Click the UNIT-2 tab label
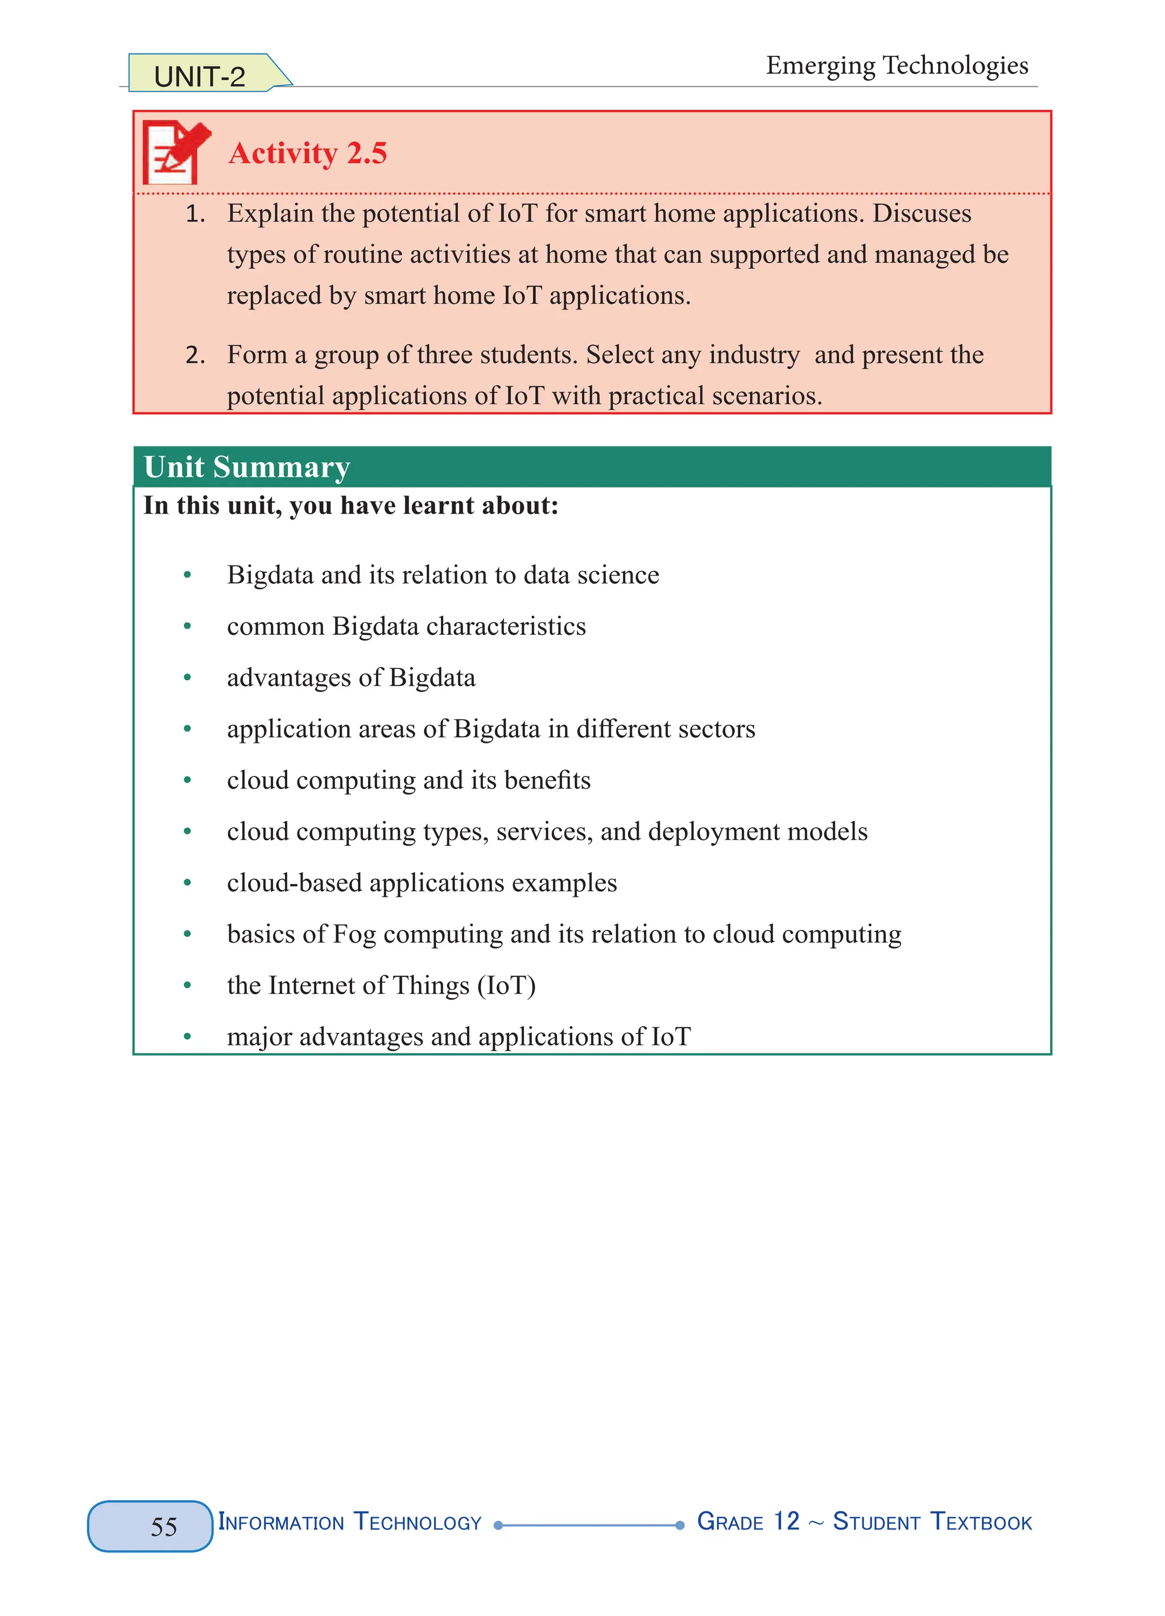200,77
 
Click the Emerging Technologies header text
897,65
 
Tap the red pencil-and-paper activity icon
175,152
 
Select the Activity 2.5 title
307,153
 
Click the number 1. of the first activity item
195,214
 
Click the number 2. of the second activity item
195,355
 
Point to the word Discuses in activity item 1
922,214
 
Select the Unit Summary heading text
246,468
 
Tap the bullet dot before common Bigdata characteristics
187,626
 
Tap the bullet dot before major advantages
187,1037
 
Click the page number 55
164,1526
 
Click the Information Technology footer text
350,1522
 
